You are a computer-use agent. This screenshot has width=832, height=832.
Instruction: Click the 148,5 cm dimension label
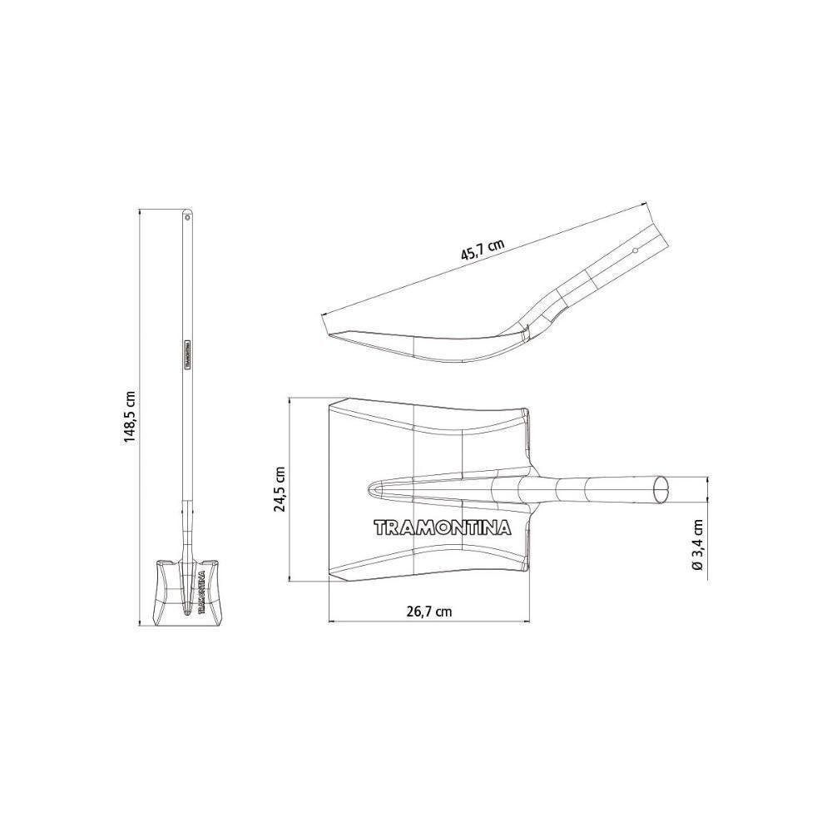coord(131,418)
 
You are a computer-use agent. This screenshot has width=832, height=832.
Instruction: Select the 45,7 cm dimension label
coord(483,250)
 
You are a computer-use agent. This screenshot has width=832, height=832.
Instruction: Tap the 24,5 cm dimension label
coord(280,488)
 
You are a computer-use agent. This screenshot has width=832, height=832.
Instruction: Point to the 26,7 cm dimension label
coord(428,612)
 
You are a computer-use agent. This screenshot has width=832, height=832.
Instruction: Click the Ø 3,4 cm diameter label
coord(698,545)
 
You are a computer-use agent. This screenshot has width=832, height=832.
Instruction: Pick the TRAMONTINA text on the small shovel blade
coord(201,592)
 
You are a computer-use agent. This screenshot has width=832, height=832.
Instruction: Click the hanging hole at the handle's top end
coord(186,216)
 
